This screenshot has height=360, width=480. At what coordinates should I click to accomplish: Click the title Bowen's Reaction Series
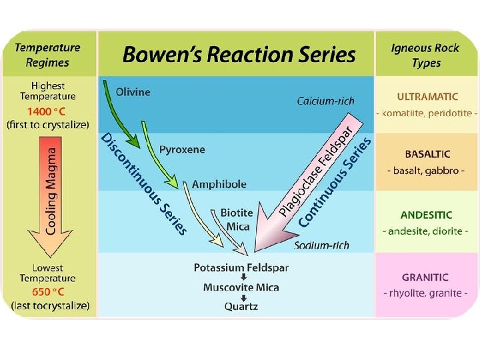239,55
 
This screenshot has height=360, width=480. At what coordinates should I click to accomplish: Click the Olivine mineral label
133,91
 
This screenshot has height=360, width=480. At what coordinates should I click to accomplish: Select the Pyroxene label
181,150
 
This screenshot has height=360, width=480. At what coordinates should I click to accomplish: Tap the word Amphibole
219,184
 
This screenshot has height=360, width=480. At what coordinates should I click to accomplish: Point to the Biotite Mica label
237,219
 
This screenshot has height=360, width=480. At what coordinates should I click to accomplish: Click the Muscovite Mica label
241,287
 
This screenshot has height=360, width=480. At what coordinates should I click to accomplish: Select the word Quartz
241,307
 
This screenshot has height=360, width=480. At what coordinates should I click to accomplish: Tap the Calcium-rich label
325,101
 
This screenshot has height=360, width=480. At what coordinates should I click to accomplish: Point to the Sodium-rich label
321,245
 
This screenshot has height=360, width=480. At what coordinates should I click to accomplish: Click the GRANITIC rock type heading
425,277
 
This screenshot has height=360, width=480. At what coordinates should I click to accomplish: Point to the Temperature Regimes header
48,55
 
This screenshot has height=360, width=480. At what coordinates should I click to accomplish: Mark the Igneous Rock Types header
425,55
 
